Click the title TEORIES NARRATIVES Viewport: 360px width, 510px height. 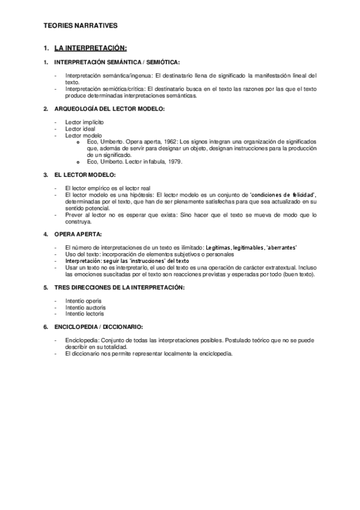pyautogui.click(x=81, y=26)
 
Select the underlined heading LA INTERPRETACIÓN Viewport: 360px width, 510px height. pyautogui.click(x=90, y=48)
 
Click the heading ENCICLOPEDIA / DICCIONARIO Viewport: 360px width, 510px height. pyautogui.click(x=99, y=327)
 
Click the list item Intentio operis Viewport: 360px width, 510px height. pyautogui.click(x=84, y=300)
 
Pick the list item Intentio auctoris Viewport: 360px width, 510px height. pyautogui.click(x=85, y=307)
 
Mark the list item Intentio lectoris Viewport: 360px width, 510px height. pyautogui.click(x=85, y=313)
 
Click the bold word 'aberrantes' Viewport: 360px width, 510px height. pyautogui.click(x=281, y=247)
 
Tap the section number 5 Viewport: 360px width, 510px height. pyautogui.click(x=45, y=287)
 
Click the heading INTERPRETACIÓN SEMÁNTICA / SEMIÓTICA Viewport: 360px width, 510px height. pyautogui.click(x=117, y=62)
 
